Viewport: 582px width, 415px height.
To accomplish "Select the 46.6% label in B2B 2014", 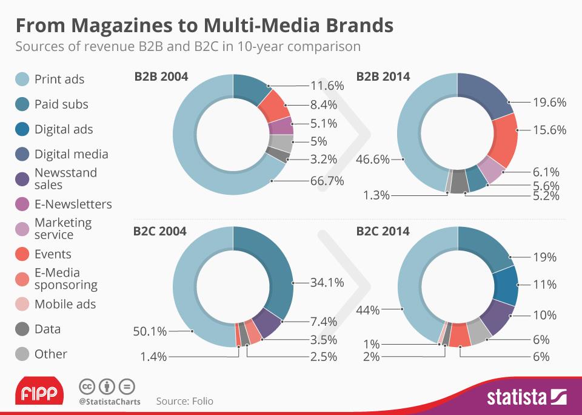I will pos(372,160).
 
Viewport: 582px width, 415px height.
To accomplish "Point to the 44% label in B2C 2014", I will pos(368,310).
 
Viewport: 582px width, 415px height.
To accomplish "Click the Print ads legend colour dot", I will pos(22,79).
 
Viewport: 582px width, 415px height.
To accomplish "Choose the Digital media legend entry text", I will pos(71,154).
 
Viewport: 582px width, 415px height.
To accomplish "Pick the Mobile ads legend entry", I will pos(65,304).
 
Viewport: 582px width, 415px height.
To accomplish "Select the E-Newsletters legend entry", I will pos(73,204).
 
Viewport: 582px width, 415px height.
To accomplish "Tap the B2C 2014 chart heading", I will pos(383,231).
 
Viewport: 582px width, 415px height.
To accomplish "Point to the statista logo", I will pos(526,397).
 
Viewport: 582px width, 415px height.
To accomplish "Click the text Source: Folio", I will pos(184,401).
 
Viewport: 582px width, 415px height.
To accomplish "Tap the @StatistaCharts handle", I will pos(109,401).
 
